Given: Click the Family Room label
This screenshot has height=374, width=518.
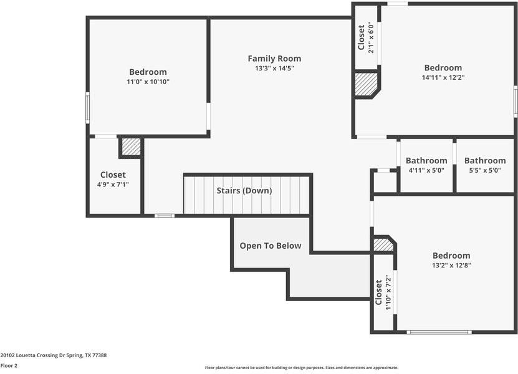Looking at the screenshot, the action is [274, 59].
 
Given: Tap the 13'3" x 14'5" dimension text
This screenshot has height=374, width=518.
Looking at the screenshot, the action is [274, 69].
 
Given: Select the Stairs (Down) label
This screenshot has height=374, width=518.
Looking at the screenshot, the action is [244, 191].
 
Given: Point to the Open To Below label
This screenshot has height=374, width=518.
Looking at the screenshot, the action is [271, 246].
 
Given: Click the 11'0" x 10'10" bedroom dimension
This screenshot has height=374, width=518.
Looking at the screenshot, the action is [148, 82].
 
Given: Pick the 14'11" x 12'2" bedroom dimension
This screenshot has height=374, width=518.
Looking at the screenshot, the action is [443, 77].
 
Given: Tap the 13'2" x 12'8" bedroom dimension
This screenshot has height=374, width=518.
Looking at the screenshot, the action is [451, 265].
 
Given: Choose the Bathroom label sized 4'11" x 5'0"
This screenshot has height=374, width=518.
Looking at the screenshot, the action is [426, 161].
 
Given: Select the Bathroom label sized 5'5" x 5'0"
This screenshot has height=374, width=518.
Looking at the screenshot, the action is [485, 161].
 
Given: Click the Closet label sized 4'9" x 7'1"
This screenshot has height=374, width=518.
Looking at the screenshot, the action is [113, 175].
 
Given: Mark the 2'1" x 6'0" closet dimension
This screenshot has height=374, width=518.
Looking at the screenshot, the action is [372, 37].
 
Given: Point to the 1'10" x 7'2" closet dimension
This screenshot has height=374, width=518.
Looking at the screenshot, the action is [388, 292].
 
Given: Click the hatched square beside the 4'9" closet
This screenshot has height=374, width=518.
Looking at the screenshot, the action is [131, 146].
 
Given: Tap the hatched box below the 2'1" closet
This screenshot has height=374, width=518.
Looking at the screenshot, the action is [366, 84].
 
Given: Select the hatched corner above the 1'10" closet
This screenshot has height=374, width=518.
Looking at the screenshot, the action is [383, 244].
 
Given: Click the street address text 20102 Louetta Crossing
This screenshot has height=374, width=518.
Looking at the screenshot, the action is [54, 355].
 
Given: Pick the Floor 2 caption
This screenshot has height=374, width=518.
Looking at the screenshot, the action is [9, 365].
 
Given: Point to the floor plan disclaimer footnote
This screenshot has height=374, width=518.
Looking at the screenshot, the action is [302, 367].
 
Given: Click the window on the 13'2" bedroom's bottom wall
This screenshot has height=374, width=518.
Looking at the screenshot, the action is [439, 332].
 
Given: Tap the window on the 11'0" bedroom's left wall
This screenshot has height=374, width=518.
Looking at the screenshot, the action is [87, 108].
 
